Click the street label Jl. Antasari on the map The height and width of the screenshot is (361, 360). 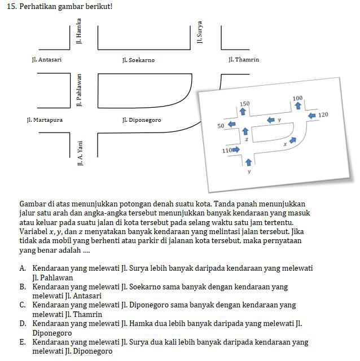pos(47,60)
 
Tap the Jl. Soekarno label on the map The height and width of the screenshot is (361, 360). pos(138,60)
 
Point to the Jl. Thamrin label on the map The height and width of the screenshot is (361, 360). pos(244,60)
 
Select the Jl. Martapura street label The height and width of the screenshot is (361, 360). pos(45,120)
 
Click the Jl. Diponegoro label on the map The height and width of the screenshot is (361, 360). pos(141,120)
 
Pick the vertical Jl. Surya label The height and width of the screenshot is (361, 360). pos(199,33)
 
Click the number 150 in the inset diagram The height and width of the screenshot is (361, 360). pos(244,104)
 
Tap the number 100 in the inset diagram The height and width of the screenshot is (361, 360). pos(298,99)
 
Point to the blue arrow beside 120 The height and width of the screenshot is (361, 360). pos(311,116)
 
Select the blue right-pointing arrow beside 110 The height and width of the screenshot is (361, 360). pos(235,150)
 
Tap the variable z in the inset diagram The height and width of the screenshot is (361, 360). pos(246,138)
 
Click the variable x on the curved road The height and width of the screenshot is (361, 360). pos(285,145)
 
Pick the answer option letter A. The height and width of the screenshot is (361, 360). pos(23,268)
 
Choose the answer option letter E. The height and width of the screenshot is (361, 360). pos(23,342)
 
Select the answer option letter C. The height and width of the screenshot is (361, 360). pos(23,305)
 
